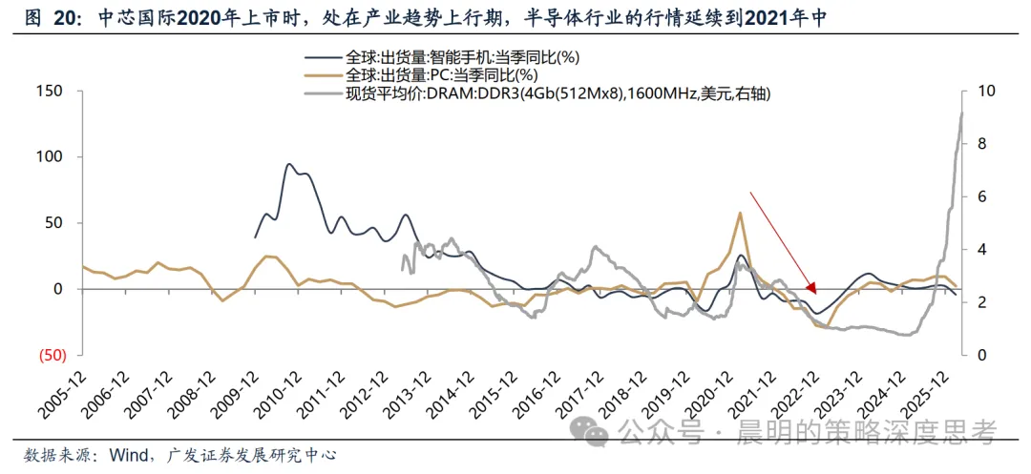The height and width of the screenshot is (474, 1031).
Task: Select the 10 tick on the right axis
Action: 978,91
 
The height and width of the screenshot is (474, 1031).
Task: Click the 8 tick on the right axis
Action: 974,144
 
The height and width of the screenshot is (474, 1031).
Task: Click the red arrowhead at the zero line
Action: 812,288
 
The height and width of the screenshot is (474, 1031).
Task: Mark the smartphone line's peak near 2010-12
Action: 288,164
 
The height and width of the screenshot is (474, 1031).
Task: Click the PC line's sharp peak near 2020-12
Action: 741,213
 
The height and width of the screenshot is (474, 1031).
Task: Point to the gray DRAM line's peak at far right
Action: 961,113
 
